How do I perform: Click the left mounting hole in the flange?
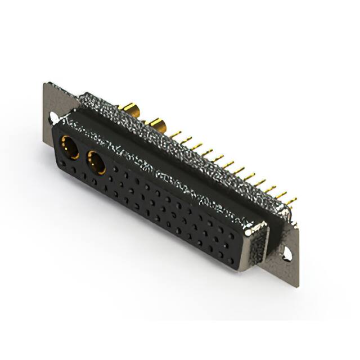pos(53,118)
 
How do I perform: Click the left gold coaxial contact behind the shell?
pos(130,108)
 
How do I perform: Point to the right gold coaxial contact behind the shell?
pos(157,125)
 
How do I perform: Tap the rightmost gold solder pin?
pos(291,200)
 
